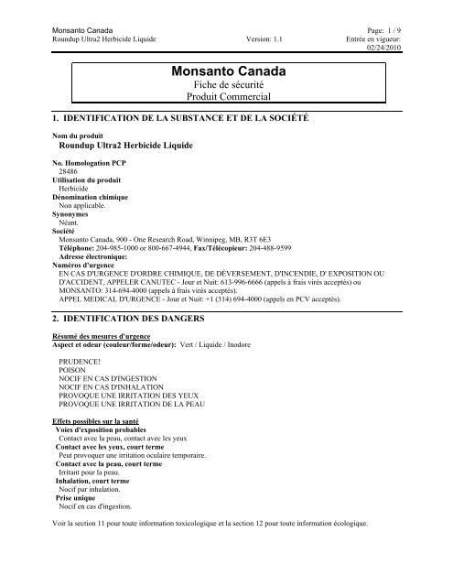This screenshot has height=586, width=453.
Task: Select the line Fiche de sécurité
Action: pyautogui.click(x=226, y=85)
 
